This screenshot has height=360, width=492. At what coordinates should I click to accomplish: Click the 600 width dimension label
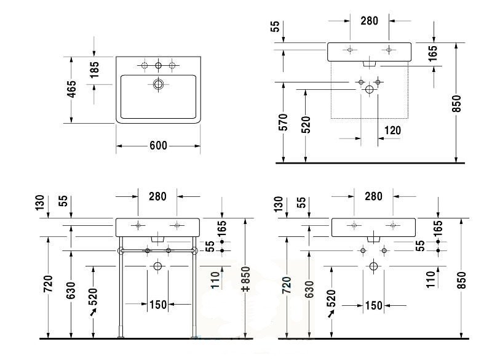pos(158,146)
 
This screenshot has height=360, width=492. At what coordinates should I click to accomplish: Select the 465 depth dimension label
pos(72,89)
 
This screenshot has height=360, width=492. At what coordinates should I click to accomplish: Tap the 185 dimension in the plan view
pos(94,70)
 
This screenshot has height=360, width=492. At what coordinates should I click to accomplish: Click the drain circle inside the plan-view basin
pos(159,84)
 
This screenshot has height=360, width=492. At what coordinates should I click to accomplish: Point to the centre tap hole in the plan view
pos(159,65)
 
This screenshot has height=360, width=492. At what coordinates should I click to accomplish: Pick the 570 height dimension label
pos(283,122)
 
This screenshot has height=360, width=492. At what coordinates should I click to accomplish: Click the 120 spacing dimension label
pos(392,130)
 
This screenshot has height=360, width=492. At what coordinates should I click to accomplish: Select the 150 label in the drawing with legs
pos(158,305)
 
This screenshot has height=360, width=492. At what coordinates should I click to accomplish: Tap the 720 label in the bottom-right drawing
pos(287,286)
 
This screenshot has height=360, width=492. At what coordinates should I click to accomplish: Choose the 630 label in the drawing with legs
pos(71,290)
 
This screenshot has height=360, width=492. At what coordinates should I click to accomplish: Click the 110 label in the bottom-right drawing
pos(431,279)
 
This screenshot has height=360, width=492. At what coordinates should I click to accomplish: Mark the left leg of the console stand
pos(121,287)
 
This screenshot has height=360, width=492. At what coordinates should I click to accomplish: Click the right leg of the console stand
pos(194,287)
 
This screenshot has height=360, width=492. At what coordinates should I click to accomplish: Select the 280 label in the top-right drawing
pos(370,21)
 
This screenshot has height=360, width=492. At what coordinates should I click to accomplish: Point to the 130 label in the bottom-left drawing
pos(40,202)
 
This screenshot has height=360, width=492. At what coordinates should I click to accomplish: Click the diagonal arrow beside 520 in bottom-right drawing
pos(331,313)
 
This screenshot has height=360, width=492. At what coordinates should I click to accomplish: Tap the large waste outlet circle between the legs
pos(157,266)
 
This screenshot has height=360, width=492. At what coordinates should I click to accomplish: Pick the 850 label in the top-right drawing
pos(457,103)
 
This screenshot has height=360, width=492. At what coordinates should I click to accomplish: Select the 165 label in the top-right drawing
pos(432,54)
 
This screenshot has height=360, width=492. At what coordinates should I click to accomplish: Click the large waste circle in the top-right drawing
pos(370,89)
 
